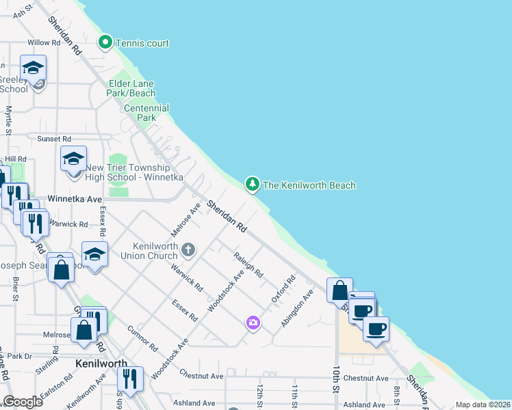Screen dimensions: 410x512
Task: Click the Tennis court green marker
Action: click(x=105, y=43)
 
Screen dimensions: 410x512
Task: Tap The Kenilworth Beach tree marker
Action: click(x=253, y=184)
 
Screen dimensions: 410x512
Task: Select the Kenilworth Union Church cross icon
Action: click(x=189, y=250)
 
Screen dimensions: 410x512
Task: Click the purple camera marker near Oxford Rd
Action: click(x=253, y=322)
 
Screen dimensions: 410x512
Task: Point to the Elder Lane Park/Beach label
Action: click(x=132, y=88)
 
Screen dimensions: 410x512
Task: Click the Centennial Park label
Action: click(x=146, y=113)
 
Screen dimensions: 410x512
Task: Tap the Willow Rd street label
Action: click(x=40, y=42)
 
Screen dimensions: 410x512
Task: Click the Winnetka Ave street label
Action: click(x=75, y=199)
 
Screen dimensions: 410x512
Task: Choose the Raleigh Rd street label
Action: click(x=248, y=264)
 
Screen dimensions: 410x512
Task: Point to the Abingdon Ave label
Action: click(x=302, y=303)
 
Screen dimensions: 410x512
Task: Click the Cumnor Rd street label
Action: click(x=143, y=338)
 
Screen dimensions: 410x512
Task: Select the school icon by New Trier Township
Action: click(x=74, y=160)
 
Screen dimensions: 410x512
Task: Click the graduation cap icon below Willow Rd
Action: click(x=33, y=68)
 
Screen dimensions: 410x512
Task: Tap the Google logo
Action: click(x=23, y=402)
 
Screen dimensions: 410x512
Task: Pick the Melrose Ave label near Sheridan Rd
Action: click(x=185, y=219)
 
